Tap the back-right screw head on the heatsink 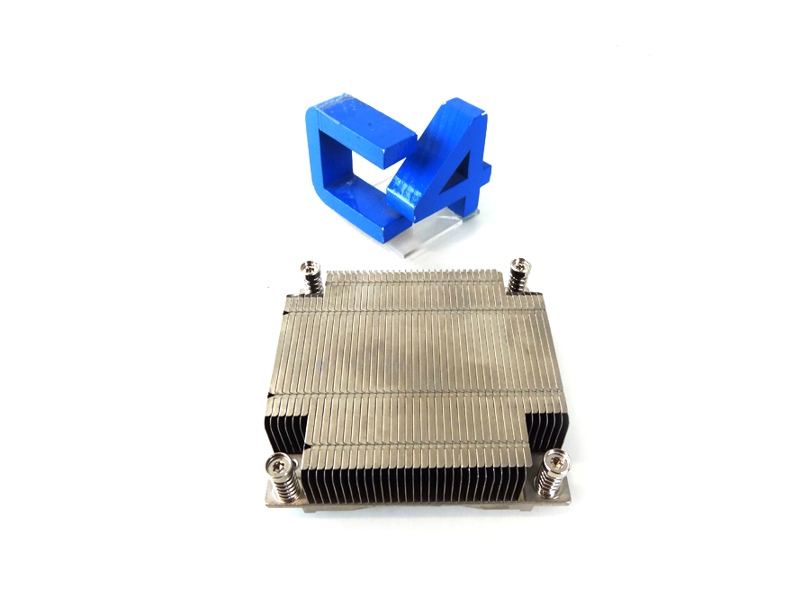(517, 265)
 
